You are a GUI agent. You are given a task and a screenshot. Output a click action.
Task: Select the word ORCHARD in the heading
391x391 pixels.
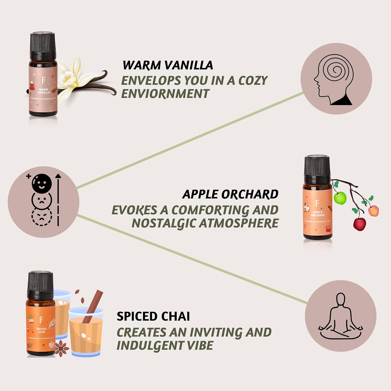250,194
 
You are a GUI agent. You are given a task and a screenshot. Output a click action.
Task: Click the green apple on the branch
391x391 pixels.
340,198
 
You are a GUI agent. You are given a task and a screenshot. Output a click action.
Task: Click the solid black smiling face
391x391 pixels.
42,184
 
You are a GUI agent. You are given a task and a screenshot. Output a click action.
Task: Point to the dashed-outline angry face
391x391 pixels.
42,216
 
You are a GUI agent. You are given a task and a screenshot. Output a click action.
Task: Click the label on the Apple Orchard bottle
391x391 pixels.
317,214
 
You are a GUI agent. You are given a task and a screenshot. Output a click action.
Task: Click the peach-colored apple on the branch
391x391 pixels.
373,211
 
